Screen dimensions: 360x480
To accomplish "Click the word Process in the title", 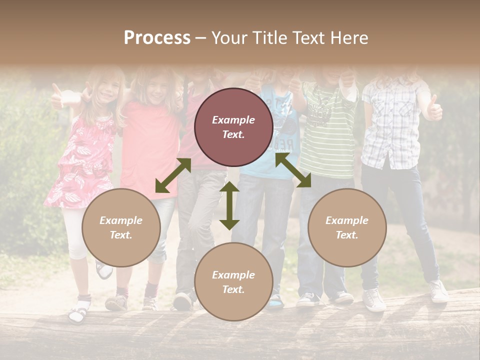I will point(157,37).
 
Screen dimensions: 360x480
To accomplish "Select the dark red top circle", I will point(233,127).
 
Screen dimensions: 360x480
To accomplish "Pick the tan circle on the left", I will point(121,227).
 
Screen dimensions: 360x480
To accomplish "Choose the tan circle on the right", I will point(347,227).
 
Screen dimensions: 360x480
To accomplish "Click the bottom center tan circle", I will point(233,281).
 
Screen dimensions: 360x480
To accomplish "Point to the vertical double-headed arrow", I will point(229,205).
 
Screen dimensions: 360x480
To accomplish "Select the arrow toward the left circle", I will point(173,175).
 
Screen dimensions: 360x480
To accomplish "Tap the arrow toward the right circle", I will point(293,170).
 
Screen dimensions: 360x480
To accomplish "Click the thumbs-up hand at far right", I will point(433,109).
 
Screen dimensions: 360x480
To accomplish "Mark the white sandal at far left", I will point(78,312).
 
